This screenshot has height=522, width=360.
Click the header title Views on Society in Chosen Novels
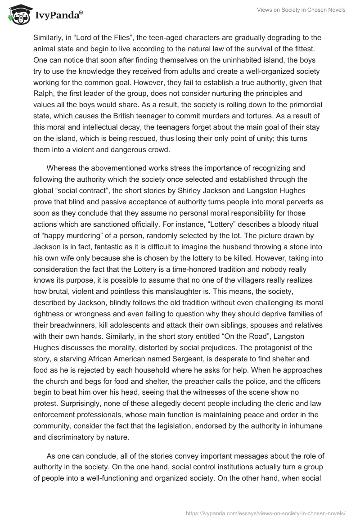(x=301, y=10)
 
